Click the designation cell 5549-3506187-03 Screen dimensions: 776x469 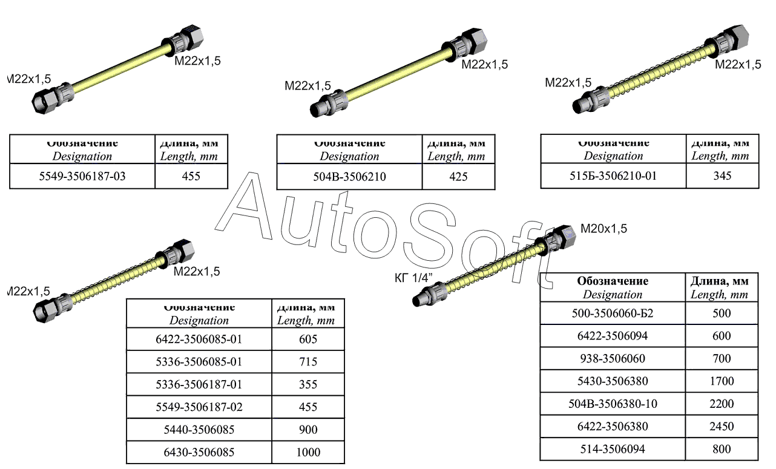(82, 177)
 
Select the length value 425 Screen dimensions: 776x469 (458, 177)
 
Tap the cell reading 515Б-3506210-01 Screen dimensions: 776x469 (613, 176)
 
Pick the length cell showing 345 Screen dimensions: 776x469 (722, 176)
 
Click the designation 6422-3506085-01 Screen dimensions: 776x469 (199, 339)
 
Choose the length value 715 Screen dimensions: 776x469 (308, 362)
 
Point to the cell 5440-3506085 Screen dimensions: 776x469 (199, 430)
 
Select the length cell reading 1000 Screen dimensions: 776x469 (308, 452)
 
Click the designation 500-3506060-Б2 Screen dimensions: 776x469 (613, 313)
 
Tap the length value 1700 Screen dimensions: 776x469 (722, 381)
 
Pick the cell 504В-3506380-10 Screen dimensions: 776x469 (613, 404)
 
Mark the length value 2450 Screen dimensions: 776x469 (722, 427)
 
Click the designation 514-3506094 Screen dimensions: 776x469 (613, 449)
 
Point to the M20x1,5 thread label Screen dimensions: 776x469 (603, 229)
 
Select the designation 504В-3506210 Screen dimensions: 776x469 (349, 177)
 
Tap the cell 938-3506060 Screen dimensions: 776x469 (613, 359)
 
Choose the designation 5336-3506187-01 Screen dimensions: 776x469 (199, 385)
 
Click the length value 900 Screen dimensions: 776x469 (308, 430)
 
